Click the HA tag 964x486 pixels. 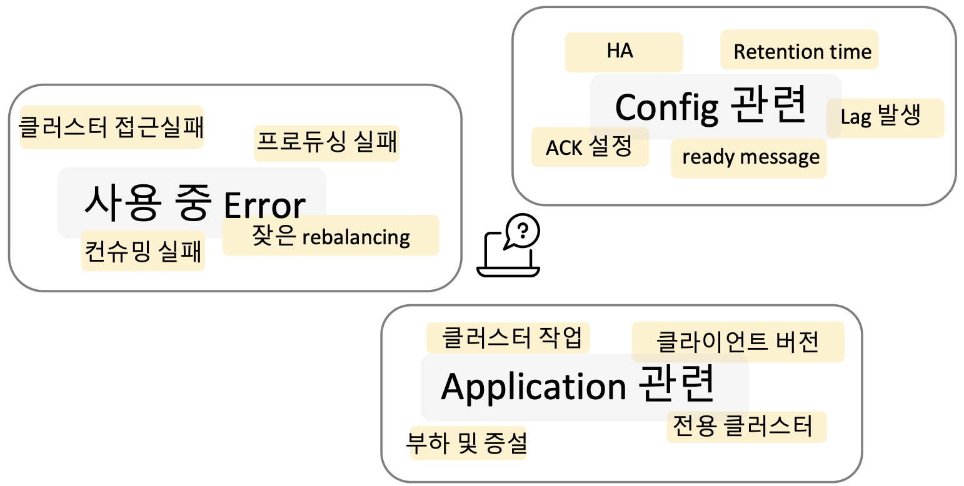coord(623,52)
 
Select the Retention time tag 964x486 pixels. coord(799,49)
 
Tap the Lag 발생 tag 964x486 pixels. coord(885,118)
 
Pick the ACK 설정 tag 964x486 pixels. coord(590,147)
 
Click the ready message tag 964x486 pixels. coord(749,158)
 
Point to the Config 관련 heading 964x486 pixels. coord(711,106)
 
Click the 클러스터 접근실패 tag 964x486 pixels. coord(112,127)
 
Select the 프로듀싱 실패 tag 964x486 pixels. coord(326,143)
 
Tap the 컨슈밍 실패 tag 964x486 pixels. coord(143,250)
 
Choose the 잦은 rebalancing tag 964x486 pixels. coord(331,236)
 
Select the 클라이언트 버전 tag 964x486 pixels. coord(738,342)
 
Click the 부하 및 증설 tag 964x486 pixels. coord(468,443)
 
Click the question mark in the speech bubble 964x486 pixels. coord(523,231)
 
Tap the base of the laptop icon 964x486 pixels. coord(508,272)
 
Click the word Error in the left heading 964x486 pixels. coord(264,206)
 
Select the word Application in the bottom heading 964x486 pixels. coord(534,387)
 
